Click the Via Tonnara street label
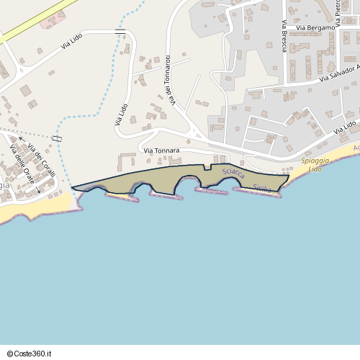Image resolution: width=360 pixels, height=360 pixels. tap(161, 150)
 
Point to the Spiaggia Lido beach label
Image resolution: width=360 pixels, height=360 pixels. tap(315, 164)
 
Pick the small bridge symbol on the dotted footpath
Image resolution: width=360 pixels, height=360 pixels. tap(57, 138)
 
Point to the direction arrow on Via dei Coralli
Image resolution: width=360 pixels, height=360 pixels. tap(22, 138)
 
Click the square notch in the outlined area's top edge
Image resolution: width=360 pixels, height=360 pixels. tap(207, 167)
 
